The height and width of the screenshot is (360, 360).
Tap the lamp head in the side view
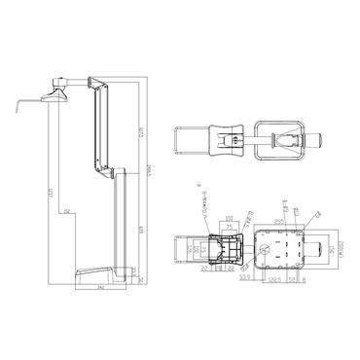55,93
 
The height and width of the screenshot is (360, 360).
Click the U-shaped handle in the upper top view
190,140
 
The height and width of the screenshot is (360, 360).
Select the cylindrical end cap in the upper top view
317,140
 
